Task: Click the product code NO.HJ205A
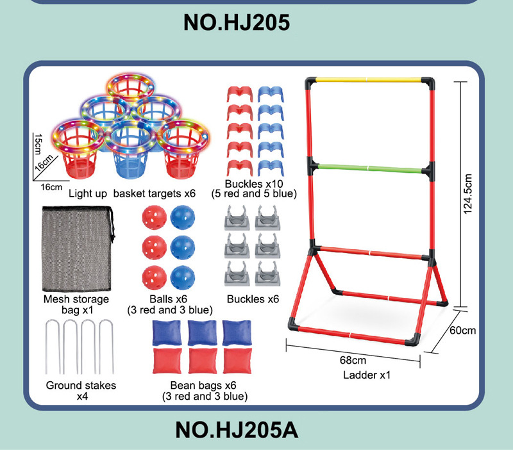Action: coord(237,429)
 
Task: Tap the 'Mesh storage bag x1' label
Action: coord(76,304)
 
